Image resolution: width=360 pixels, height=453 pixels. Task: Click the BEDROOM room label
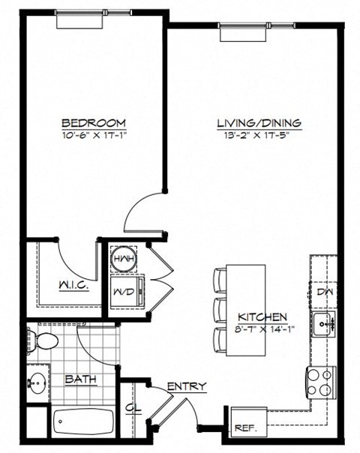click(x=93, y=122)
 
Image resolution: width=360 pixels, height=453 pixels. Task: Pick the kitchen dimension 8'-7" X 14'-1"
click(x=261, y=328)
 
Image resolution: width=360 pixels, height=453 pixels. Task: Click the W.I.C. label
click(x=74, y=285)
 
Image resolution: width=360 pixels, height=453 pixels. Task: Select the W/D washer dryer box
click(x=124, y=290)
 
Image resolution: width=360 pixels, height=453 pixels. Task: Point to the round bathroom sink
click(x=37, y=382)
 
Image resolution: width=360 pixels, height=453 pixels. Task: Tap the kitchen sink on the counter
click(x=325, y=325)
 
